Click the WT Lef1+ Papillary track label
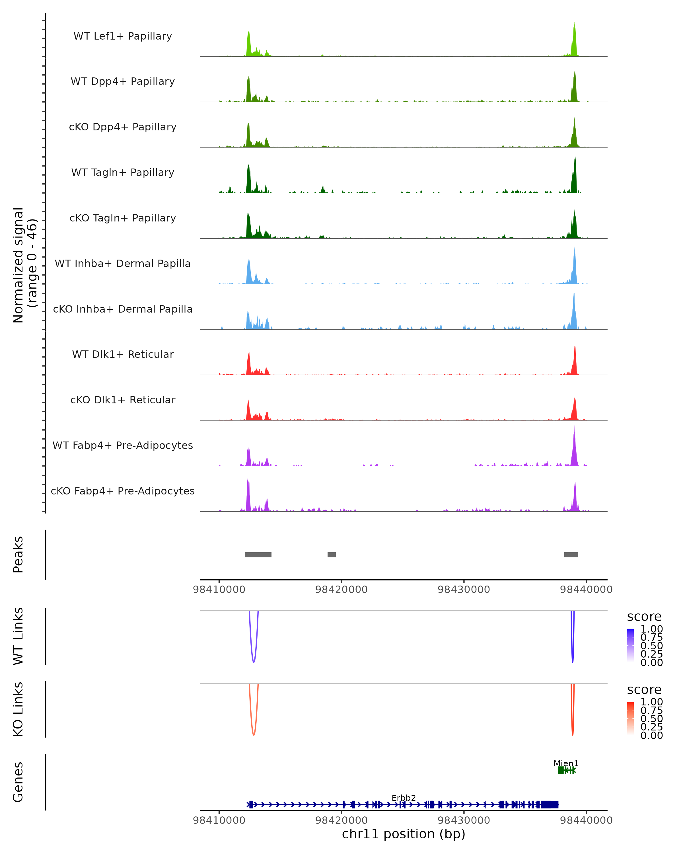(123, 36)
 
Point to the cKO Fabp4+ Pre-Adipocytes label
(123, 491)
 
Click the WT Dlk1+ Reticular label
(123, 354)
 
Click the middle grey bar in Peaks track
(332, 555)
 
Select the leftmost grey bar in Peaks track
(258, 555)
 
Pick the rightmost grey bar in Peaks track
(571, 555)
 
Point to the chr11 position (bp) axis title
(404, 834)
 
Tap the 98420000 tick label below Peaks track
(341, 590)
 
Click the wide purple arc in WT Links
(253, 661)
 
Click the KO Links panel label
(18, 709)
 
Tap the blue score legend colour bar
(630, 645)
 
